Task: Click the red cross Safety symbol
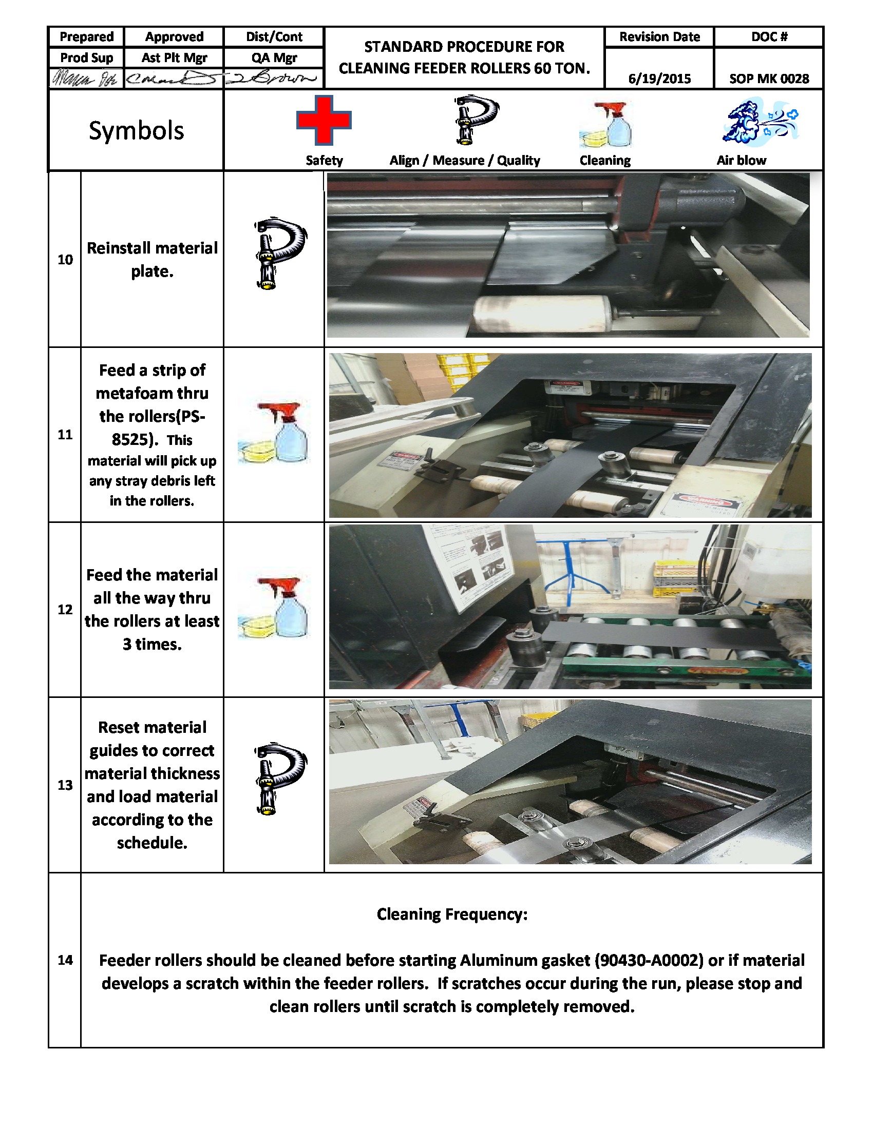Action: click(x=324, y=120)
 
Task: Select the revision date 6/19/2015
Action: click(x=659, y=79)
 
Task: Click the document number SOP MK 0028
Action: click(x=769, y=79)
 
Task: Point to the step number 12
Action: click(x=65, y=610)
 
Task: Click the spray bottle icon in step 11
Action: click(x=275, y=433)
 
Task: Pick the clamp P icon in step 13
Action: click(x=280, y=780)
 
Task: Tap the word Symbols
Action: click(x=136, y=130)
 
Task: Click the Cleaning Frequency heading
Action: click(x=451, y=914)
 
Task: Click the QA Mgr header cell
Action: click(x=274, y=57)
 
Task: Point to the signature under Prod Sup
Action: click(x=85, y=79)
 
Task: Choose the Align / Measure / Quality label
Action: click(x=464, y=160)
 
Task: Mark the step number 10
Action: click(x=65, y=260)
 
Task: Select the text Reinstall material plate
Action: click(x=152, y=260)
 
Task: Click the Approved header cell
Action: click(x=174, y=37)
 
